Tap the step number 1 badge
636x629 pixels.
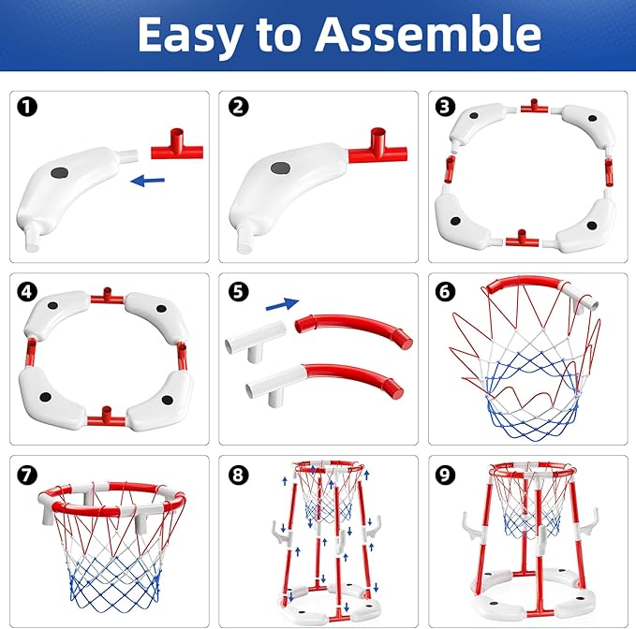pos(27,107)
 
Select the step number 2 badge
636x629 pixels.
pos(238,107)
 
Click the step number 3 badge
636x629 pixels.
pos(446,107)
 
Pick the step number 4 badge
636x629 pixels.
pos(27,289)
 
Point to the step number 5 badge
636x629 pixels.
pos(238,289)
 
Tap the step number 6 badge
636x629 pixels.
pos(446,289)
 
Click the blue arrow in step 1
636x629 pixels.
pos(148,179)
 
